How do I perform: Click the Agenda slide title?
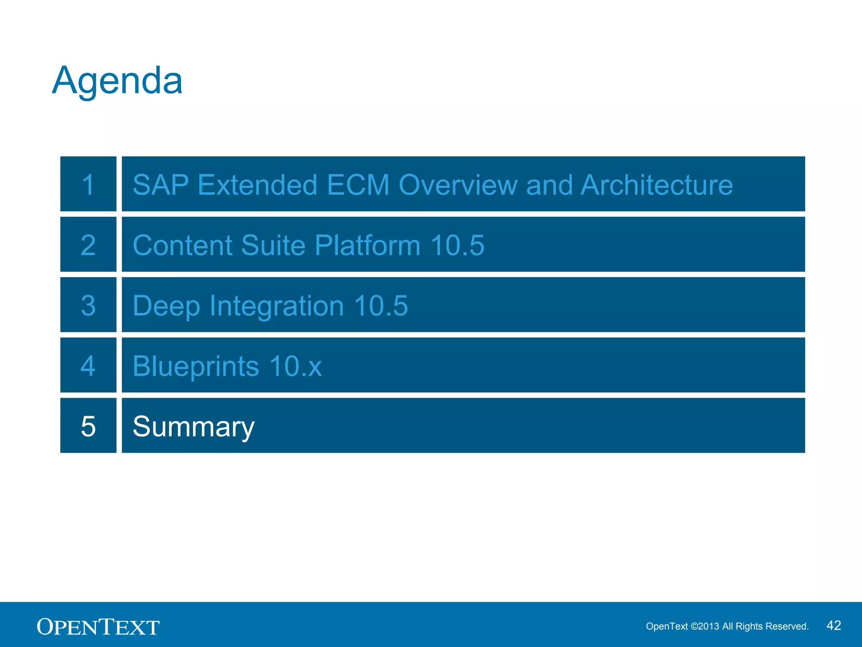coord(117,81)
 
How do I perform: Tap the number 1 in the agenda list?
coord(88,184)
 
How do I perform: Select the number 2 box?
coord(88,245)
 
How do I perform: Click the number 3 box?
coord(88,305)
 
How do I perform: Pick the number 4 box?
coord(88,365)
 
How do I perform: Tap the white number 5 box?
coord(88,426)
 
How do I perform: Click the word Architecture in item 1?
coord(657,185)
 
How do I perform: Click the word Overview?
coord(458,185)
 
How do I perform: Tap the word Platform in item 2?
coord(367,245)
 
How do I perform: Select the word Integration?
coord(277,306)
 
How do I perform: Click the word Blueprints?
coord(196,366)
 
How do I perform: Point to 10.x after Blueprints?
coord(295,366)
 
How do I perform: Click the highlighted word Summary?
coord(194,427)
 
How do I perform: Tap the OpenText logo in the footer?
coord(98,627)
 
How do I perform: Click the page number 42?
coord(833,626)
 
